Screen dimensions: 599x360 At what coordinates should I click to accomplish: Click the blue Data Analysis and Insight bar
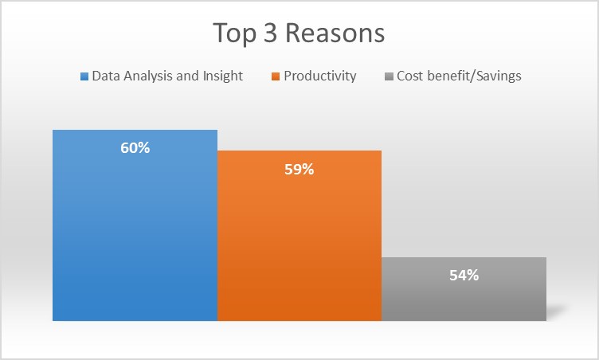pos(135,225)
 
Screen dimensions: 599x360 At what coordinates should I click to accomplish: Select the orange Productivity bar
pos(299,236)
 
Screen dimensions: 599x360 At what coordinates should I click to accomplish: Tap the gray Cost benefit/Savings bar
pos(464,289)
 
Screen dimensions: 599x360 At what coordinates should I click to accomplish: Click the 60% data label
pos(135,148)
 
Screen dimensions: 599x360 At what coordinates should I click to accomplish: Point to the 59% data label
pos(299,170)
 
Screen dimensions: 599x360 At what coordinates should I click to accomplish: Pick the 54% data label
pos(464,275)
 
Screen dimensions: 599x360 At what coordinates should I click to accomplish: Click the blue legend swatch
pos(84,76)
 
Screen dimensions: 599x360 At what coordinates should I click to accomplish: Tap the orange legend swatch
pos(276,76)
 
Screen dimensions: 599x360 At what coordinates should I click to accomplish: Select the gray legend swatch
pos(389,76)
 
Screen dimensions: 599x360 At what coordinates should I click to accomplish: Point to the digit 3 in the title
pos(270,33)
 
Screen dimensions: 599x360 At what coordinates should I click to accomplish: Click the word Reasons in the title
pos(335,33)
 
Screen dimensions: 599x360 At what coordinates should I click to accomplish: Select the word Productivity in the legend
pos(320,76)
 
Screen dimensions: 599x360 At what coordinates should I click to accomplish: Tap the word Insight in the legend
pos(223,76)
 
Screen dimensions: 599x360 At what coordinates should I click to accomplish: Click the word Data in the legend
pos(106,76)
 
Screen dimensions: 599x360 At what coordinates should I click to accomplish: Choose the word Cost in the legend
pos(410,76)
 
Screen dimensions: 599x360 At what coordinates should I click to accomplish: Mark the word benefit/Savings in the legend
pos(475,76)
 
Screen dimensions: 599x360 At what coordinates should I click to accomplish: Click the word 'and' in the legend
pos(187,76)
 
